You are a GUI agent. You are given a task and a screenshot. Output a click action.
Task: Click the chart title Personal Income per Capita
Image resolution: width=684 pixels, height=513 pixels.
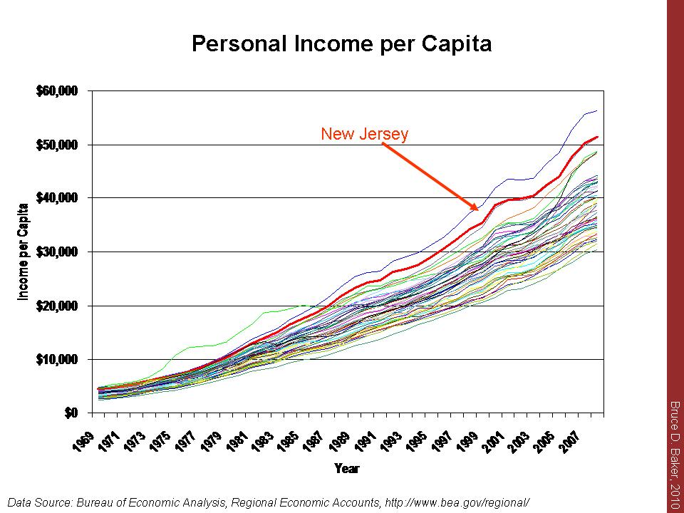341,44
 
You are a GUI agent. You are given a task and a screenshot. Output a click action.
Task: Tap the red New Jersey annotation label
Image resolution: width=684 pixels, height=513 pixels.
364,134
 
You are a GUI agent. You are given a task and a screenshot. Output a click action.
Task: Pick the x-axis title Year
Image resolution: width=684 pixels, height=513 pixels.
348,468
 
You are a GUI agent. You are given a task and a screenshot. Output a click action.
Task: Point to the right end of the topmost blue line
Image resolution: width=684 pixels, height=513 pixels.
597,111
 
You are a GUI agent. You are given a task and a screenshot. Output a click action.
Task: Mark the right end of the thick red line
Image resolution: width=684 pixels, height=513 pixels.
597,137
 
